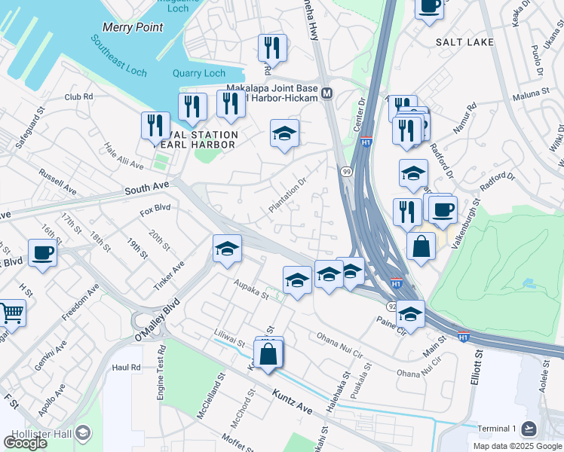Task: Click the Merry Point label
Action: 132,27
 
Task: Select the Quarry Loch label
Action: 199,73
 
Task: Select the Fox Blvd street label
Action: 155,211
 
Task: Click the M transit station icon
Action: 326,93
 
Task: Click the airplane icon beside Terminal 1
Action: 529,429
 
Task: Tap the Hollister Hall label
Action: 45,432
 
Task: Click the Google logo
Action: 25,442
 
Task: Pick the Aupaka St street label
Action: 251,291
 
